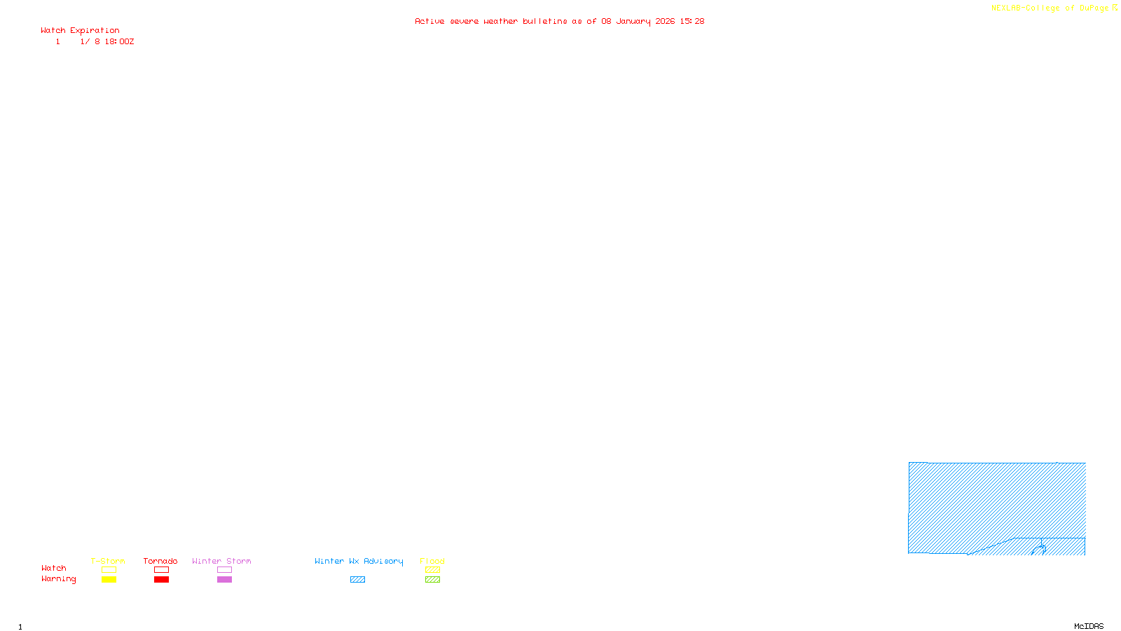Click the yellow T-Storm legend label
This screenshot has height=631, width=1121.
[x=108, y=561]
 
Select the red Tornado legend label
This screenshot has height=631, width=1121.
[x=160, y=561]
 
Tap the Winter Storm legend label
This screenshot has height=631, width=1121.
[x=221, y=561]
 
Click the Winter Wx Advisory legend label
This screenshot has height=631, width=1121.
[x=359, y=561]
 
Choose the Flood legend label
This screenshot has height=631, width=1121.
[x=432, y=561]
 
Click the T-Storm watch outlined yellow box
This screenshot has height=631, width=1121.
[x=109, y=570]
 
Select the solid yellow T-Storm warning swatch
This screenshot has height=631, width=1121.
[x=109, y=580]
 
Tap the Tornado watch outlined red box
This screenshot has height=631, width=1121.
[x=161, y=570]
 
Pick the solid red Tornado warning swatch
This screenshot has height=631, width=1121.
[x=161, y=580]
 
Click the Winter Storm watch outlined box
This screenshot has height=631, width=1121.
[x=224, y=570]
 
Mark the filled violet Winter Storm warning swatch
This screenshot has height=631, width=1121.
[x=224, y=580]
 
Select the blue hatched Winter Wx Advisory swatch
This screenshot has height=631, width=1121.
[x=357, y=580]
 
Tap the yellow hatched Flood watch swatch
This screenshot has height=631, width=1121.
[x=432, y=570]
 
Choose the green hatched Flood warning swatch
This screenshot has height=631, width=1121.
[x=432, y=580]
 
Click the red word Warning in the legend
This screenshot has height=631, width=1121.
[x=59, y=579]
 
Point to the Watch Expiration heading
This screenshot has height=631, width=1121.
[x=80, y=30]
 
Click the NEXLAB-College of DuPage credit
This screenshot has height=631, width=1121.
[x=1050, y=8]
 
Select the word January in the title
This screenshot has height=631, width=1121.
[x=633, y=21]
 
